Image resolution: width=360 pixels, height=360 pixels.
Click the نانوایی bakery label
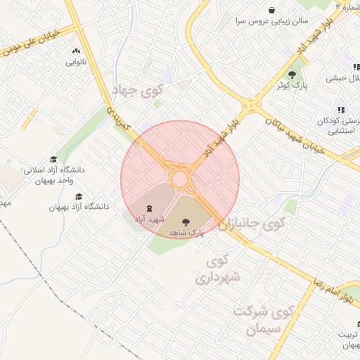point(76,62)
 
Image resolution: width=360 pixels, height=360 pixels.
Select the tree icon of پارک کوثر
point(292,75)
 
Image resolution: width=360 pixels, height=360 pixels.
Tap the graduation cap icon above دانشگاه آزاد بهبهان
point(79,196)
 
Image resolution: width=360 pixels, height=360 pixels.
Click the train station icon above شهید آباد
point(148,207)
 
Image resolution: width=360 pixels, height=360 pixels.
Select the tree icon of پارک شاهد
point(186,221)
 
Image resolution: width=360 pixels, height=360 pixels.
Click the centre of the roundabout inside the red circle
point(181,179)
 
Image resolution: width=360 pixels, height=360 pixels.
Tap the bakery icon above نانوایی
point(76,51)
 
